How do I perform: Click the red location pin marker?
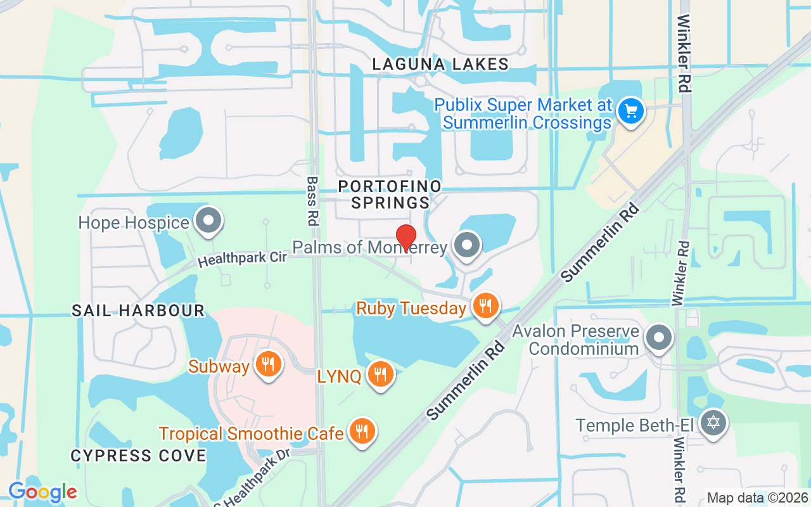pyautogui.click(x=405, y=238)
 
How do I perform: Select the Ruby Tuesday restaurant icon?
pyautogui.click(x=486, y=307)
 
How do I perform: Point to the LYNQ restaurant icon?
pyautogui.click(x=380, y=375)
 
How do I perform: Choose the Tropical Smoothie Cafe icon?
pyautogui.click(x=362, y=432)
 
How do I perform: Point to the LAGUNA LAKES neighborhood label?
pyautogui.click(x=440, y=64)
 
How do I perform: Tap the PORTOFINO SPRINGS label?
pyautogui.click(x=390, y=195)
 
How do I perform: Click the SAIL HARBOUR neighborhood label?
pyautogui.click(x=138, y=311)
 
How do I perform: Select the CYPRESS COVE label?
pyautogui.click(x=138, y=456)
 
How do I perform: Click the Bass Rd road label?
pyautogui.click(x=312, y=201)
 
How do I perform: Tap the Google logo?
pyautogui.click(x=42, y=492)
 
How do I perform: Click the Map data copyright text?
pyautogui.click(x=757, y=498)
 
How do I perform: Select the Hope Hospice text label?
pyautogui.click(x=134, y=222)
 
